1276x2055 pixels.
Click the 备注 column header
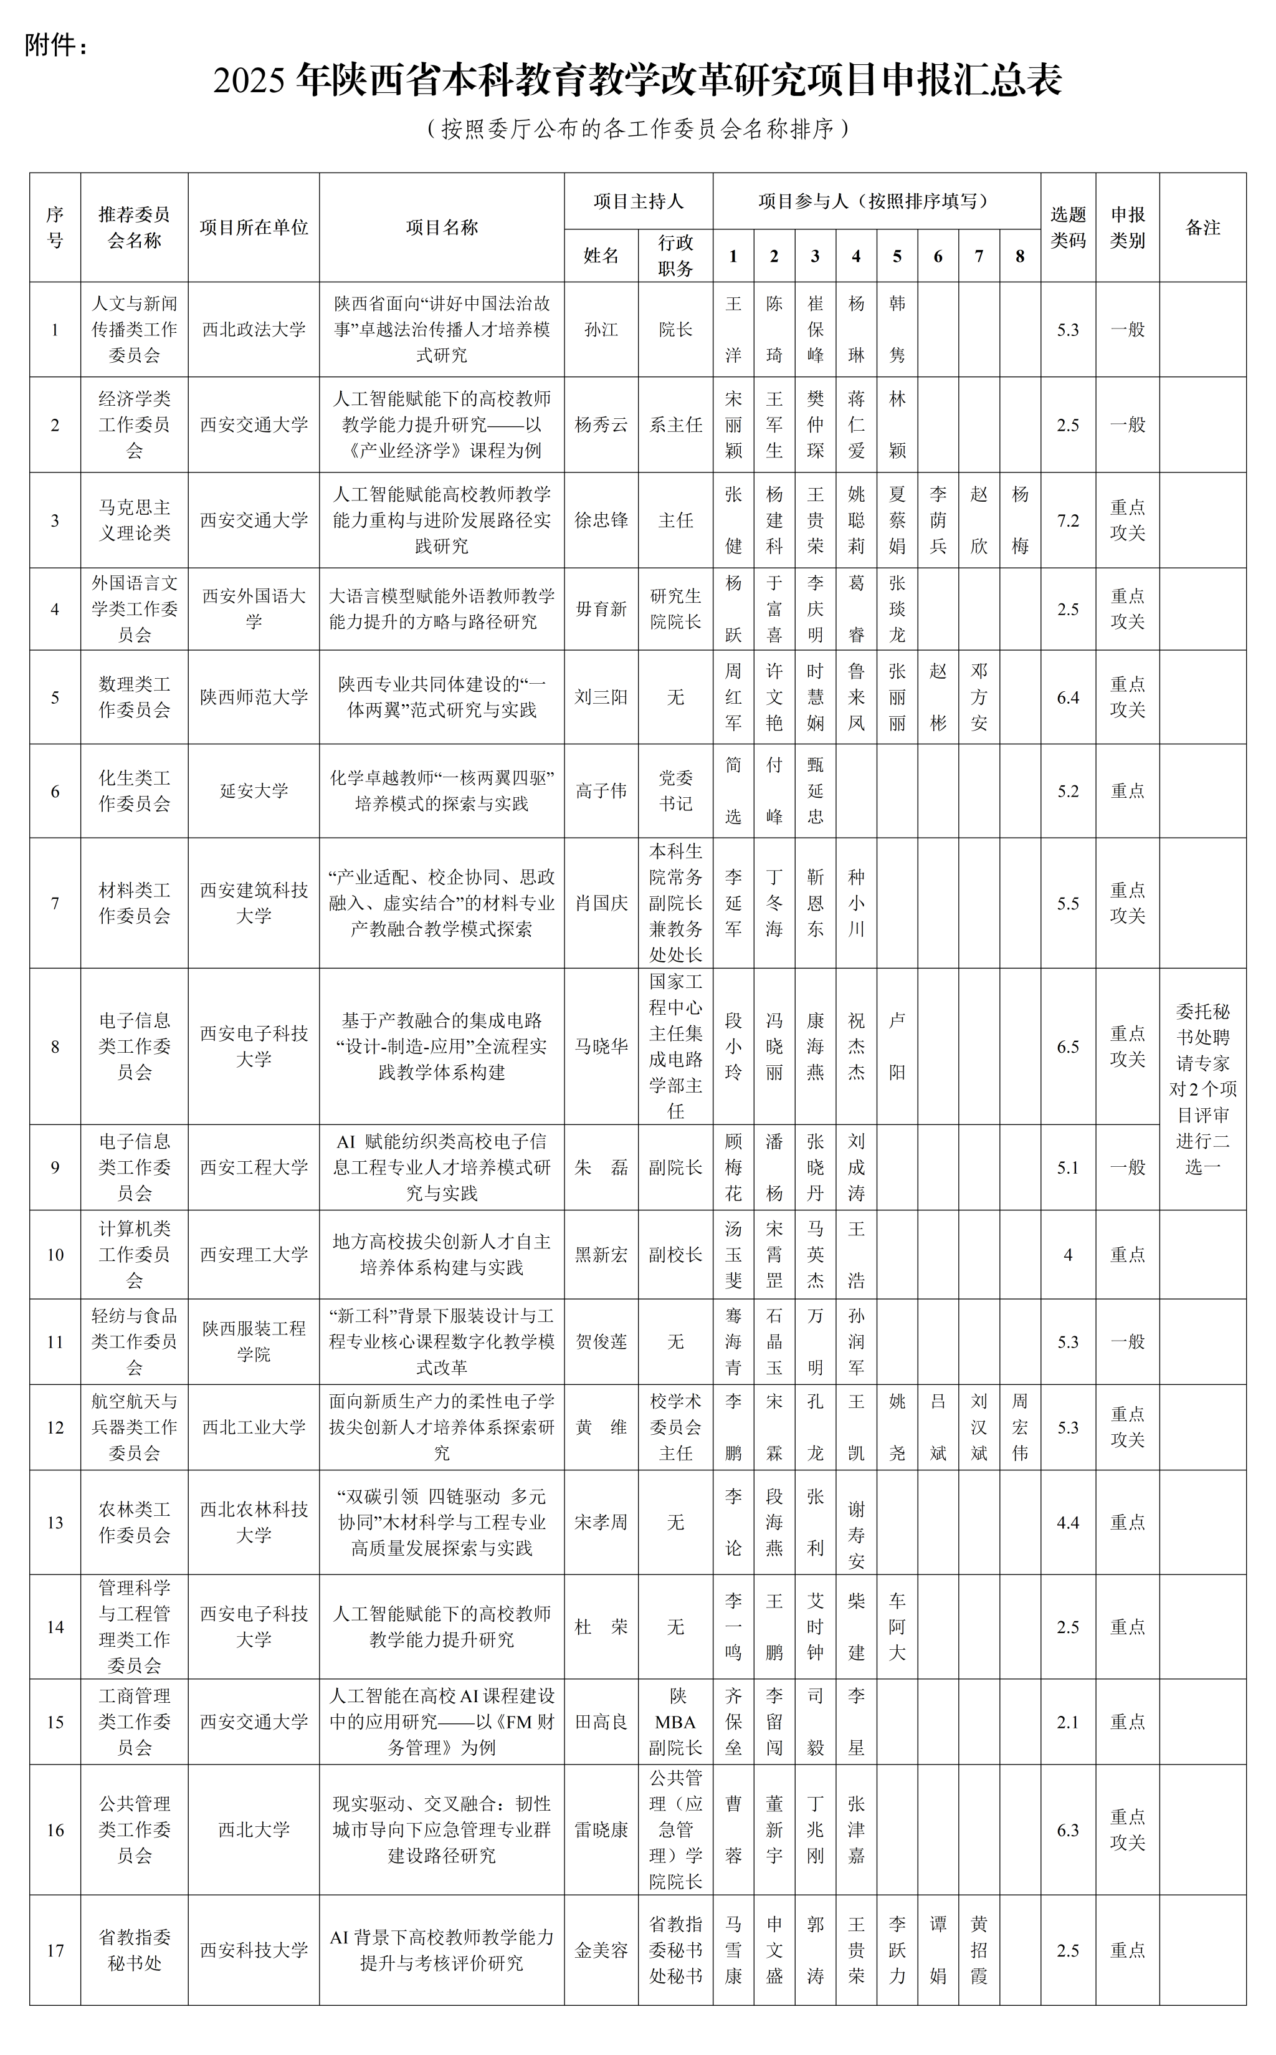[1202, 227]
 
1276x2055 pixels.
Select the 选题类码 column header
[1067, 227]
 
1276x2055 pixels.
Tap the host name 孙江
[601, 329]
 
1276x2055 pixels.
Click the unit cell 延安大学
[253, 790]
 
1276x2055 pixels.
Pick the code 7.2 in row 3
[1067, 520]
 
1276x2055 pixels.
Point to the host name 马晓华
[601, 1046]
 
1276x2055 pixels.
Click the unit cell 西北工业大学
[253, 1427]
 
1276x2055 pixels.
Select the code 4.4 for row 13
[1067, 1522]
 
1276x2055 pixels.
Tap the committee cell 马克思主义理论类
[134, 520]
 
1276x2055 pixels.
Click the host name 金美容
[601, 1950]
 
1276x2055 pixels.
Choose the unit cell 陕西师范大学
[253, 697]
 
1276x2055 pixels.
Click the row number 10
[55, 1255]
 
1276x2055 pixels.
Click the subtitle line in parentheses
[637, 128]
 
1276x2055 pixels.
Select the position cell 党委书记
[675, 790]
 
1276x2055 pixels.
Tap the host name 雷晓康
[601, 1829]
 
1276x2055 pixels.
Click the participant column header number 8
[1019, 256]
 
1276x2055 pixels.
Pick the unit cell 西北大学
[253, 1829]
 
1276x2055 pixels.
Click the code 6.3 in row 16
[1067, 1829]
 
